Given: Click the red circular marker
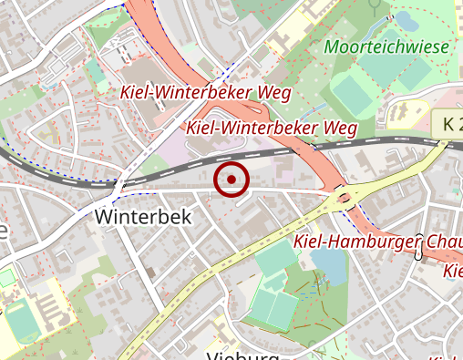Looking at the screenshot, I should tap(231, 179).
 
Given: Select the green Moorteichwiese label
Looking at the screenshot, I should tap(387, 46).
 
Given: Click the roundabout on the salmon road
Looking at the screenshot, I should tap(344, 195).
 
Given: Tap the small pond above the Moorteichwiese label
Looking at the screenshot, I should tap(402, 19).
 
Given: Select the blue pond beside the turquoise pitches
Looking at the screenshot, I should tap(328, 264).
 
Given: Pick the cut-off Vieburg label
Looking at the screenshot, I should tap(241, 354).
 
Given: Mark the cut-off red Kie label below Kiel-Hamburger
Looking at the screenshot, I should tap(453, 272).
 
